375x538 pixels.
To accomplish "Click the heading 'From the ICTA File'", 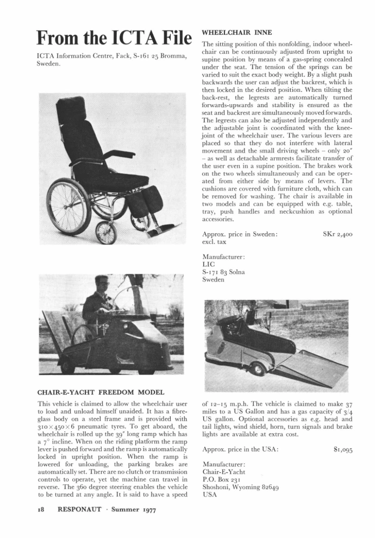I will [114, 37].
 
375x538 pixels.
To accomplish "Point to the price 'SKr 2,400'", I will [338, 234].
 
